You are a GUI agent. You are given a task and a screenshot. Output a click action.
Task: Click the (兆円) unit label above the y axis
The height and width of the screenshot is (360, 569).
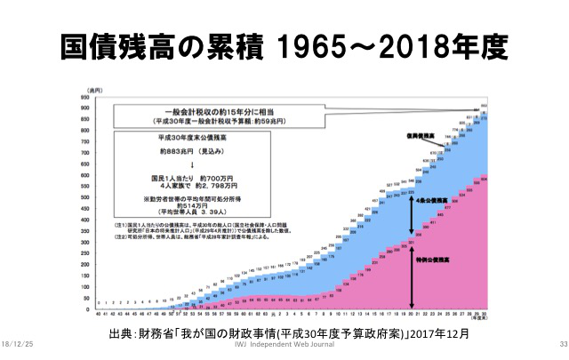(85, 90)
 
